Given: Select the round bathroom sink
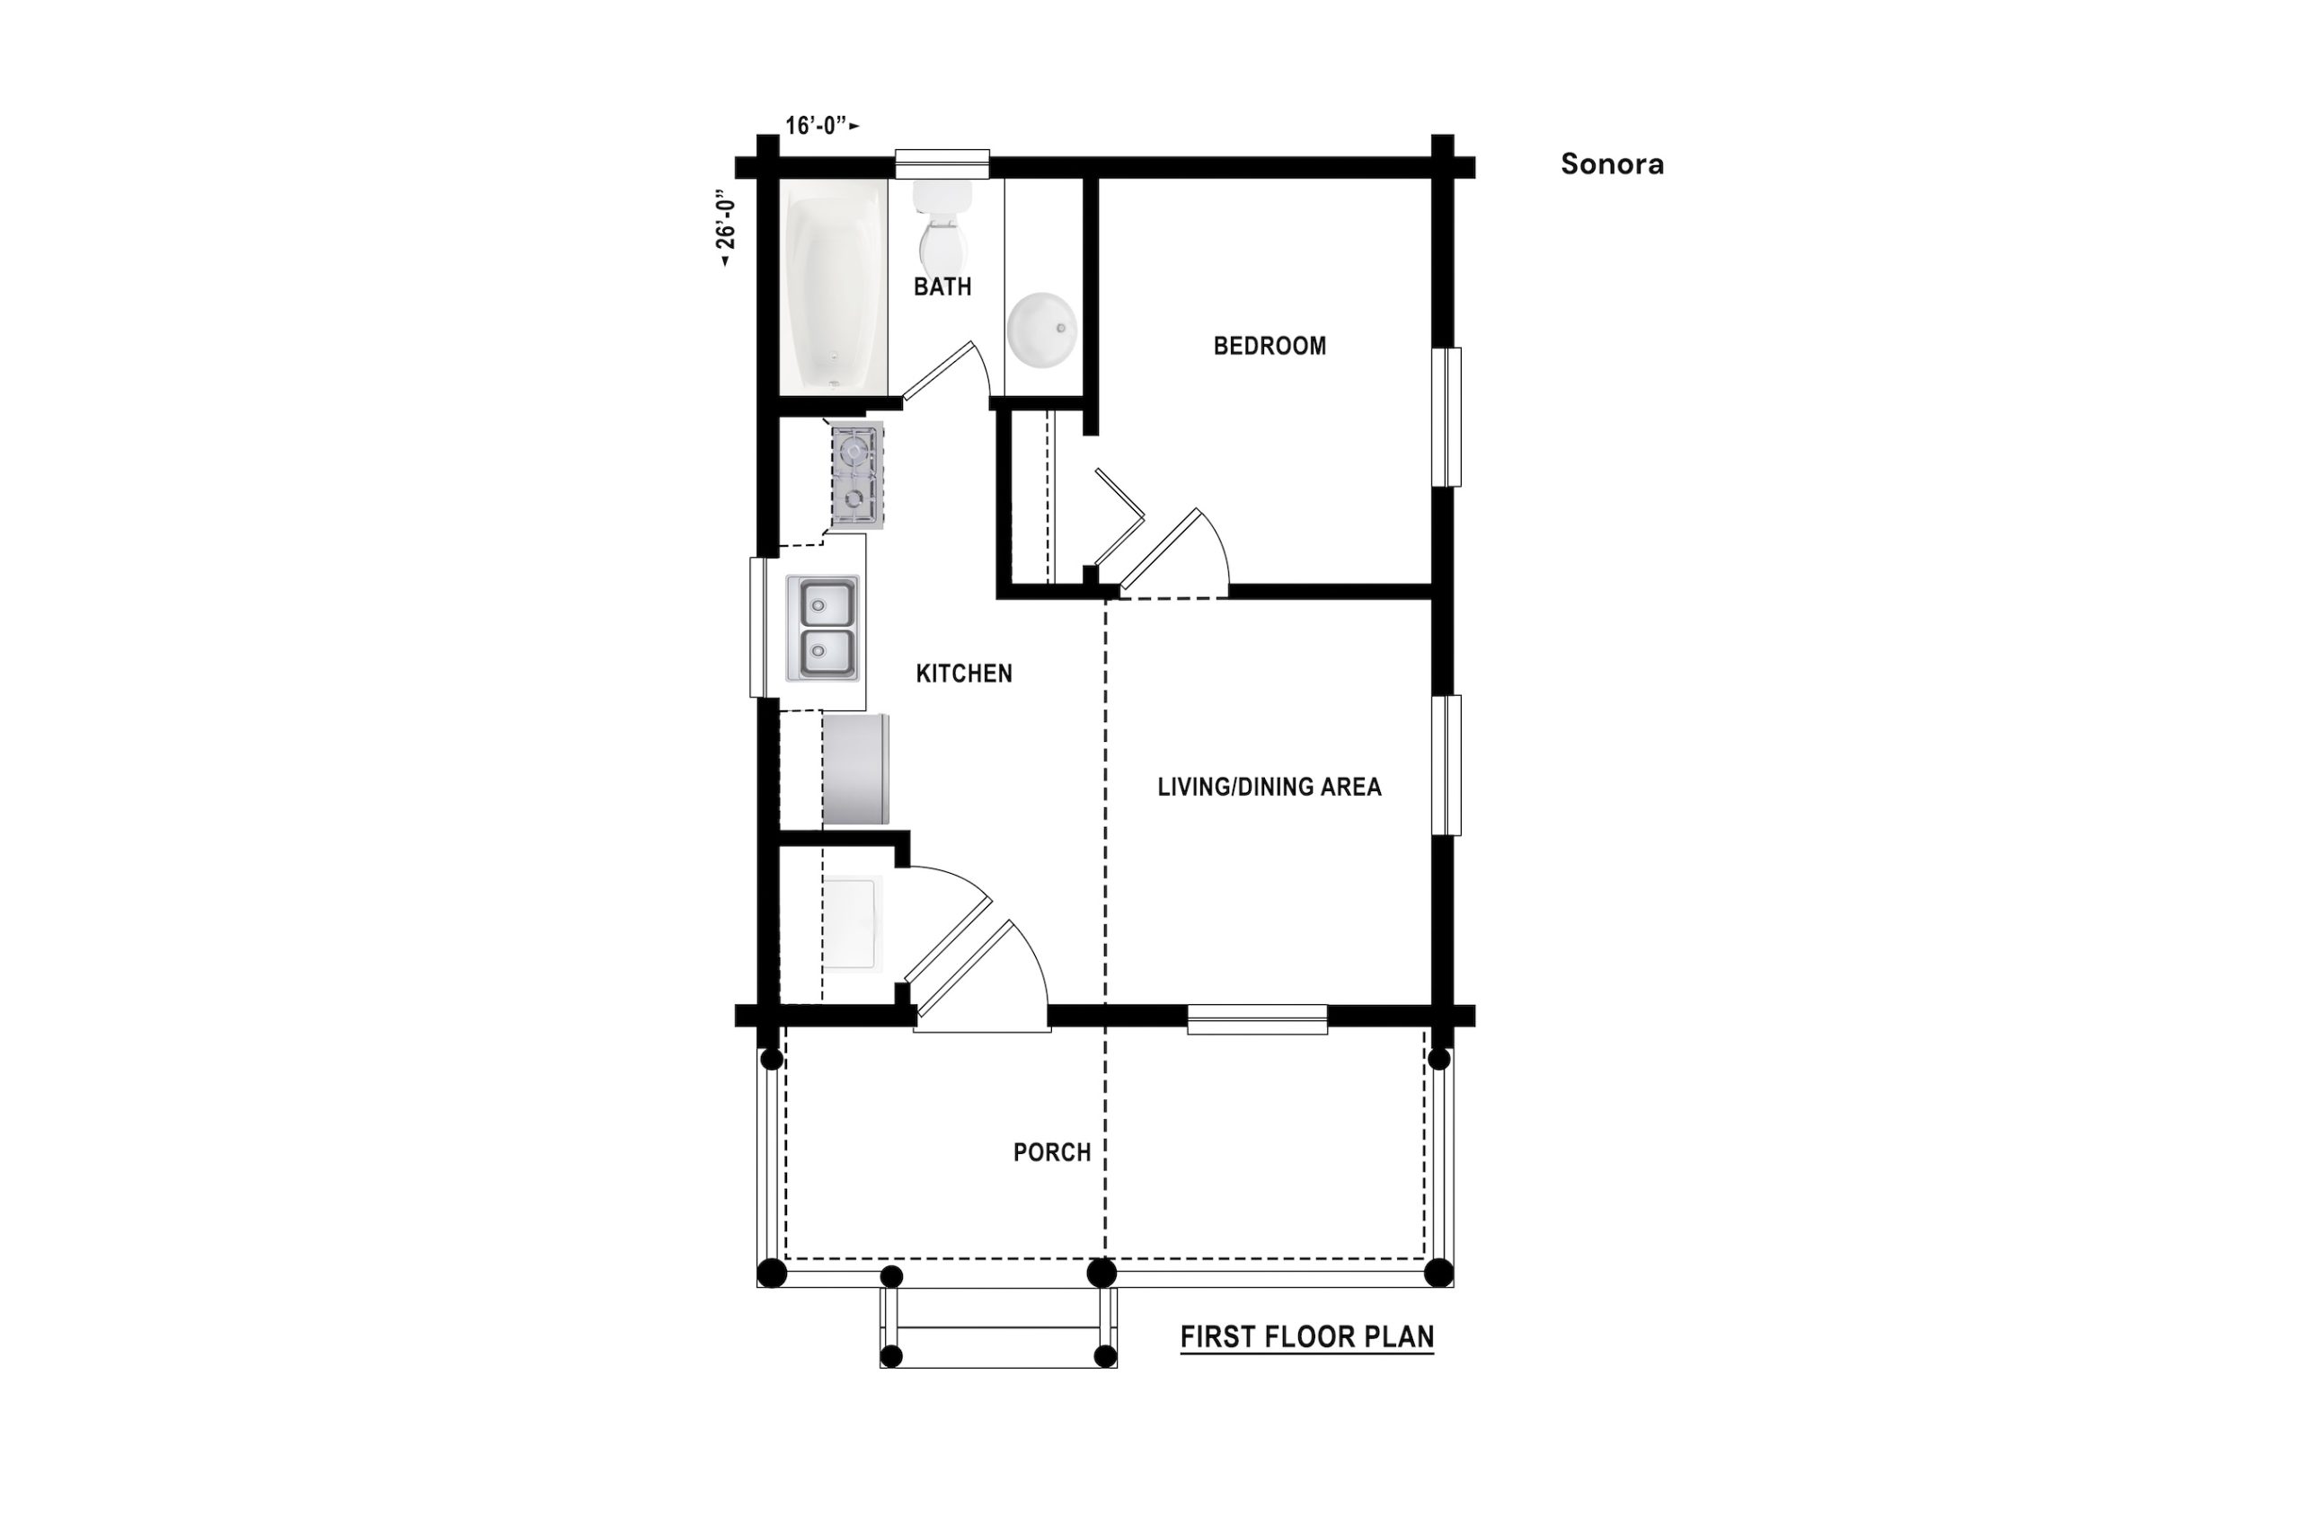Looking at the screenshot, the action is pyautogui.click(x=1042, y=330).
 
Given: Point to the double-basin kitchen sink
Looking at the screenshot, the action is pyautogui.click(x=822, y=628).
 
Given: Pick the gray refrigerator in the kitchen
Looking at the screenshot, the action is pyautogui.click(x=855, y=769).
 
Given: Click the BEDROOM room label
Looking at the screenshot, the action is pyautogui.click(x=1269, y=346).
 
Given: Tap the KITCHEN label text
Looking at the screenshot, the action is pyautogui.click(x=963, y=674).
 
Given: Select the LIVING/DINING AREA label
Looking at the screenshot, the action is pyautogui.click(x=1269, y=787).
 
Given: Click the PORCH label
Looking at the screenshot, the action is pyautogui.click(x=1051, y=1153).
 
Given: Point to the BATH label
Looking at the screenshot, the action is pyautogui.click(x=942, y=286).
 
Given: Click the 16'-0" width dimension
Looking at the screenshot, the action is pyautogui.click(x=822, y=125).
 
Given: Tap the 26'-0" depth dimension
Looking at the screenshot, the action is pyautogui.click(x=725, y=229).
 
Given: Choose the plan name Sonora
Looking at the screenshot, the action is pyautogui.click(x=1613, y=164).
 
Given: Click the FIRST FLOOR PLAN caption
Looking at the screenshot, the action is pyautogui.click(x=1307, y=1336).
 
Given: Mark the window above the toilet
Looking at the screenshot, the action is pyautogui.click(x=942, y=163).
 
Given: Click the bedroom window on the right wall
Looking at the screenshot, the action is pyautogui.click(x=1446, y=418).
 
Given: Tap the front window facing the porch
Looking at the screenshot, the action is pyautogui.click(x=1258, y=1019).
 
